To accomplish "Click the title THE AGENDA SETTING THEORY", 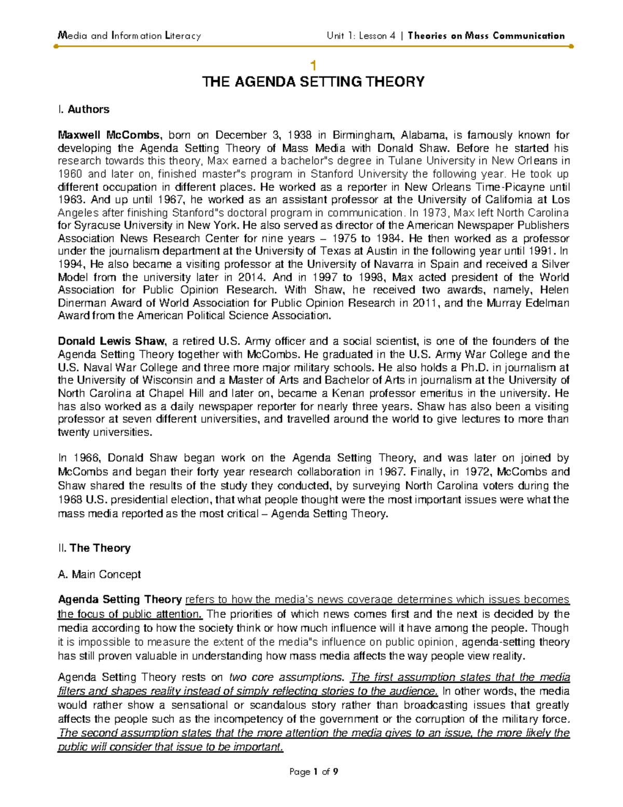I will click(313, 82).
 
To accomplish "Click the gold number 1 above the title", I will click(313, 65).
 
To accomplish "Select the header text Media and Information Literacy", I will click(129, 36).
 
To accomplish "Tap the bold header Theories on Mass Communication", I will click(486, 36).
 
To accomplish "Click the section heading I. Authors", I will click(84, 109).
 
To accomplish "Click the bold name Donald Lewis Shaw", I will click(112, 341).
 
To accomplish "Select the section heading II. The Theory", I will click(94, 548).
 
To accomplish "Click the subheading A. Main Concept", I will click(99, 574).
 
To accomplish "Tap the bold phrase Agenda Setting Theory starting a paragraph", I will click(119, 599).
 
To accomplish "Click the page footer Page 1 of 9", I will click(313, 772).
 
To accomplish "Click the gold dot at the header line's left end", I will click(56, 46).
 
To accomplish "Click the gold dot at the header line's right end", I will click(571, 46).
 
